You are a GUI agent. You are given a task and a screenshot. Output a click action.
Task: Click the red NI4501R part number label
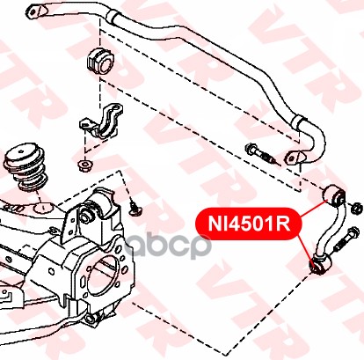[249, 224]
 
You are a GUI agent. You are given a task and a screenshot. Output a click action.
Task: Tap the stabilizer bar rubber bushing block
[102, 62]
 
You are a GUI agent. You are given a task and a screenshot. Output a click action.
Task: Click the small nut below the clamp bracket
[85, 165]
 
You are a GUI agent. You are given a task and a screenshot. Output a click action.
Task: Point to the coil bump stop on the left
[25, 167]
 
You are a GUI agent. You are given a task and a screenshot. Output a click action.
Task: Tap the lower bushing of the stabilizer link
[320, 265]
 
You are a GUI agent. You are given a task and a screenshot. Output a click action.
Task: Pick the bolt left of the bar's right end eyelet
[262, 153]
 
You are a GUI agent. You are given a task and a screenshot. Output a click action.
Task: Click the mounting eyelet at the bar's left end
[38, 11]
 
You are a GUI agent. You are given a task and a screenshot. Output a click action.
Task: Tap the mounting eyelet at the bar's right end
[295, 158]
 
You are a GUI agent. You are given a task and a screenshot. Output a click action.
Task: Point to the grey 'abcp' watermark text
[168, 246]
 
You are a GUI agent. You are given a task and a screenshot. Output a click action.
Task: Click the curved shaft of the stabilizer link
[331, 231]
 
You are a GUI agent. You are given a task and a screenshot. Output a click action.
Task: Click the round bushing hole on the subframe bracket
[85, 217]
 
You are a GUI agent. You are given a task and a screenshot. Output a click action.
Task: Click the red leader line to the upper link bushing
[315, 209]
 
